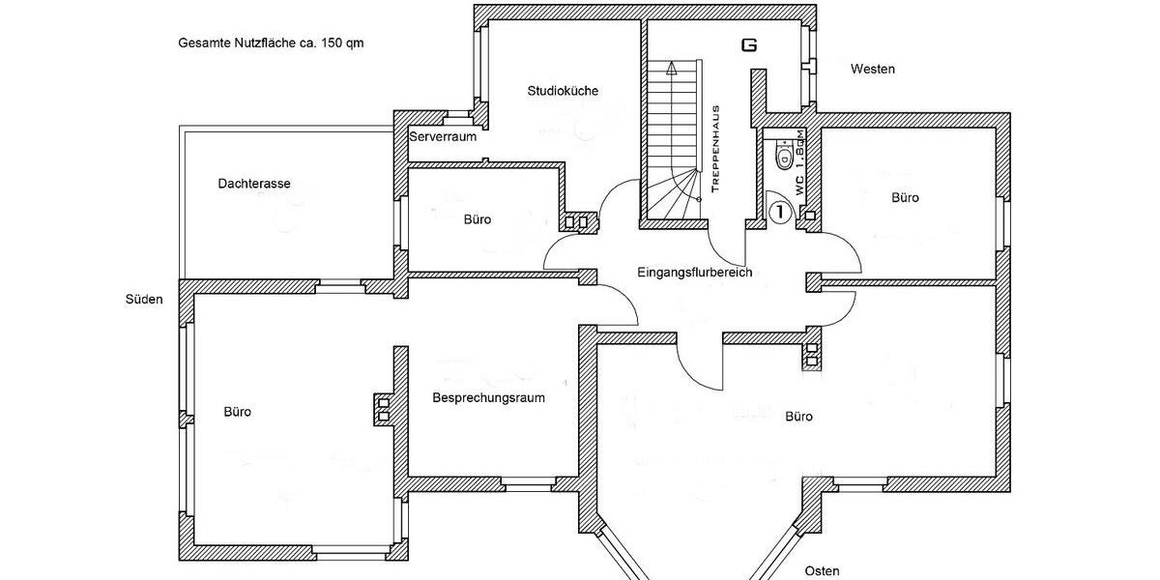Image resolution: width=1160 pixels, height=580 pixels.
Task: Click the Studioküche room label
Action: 563,91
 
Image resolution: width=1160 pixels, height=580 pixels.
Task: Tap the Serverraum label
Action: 443,137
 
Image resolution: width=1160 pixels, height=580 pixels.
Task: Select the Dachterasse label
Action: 254,183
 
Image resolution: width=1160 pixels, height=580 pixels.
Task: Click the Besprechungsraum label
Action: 489,397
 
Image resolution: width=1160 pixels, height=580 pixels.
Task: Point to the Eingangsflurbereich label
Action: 694,273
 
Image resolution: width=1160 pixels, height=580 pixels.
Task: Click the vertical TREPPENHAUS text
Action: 714,150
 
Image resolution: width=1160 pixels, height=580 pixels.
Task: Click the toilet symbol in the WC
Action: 785,155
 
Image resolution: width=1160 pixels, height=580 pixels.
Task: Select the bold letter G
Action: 747,44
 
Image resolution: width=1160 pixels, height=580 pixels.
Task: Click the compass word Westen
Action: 872,70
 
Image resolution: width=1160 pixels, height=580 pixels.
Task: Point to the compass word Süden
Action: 144,299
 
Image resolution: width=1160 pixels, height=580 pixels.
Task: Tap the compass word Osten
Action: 822,570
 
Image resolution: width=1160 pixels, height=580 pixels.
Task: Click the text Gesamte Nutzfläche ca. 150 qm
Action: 271,43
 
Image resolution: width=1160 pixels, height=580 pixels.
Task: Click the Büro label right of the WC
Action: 905,197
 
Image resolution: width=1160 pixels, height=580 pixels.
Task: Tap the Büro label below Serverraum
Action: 478,219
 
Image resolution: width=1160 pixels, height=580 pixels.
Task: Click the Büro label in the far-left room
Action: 238,412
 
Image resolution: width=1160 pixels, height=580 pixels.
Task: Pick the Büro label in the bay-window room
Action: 798,417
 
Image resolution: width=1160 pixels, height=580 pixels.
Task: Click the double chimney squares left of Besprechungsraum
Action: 383,409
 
